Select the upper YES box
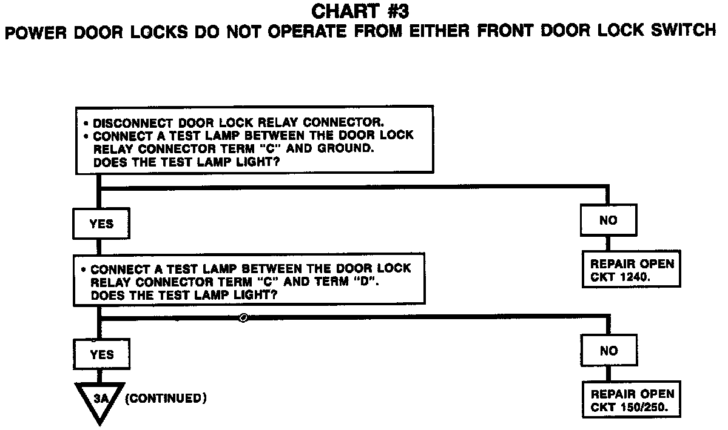point(101,224)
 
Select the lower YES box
point(101,355)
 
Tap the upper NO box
point(608,220)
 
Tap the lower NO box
point(608,351)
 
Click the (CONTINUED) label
point(166,399)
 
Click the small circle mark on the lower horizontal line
point(243,317)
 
